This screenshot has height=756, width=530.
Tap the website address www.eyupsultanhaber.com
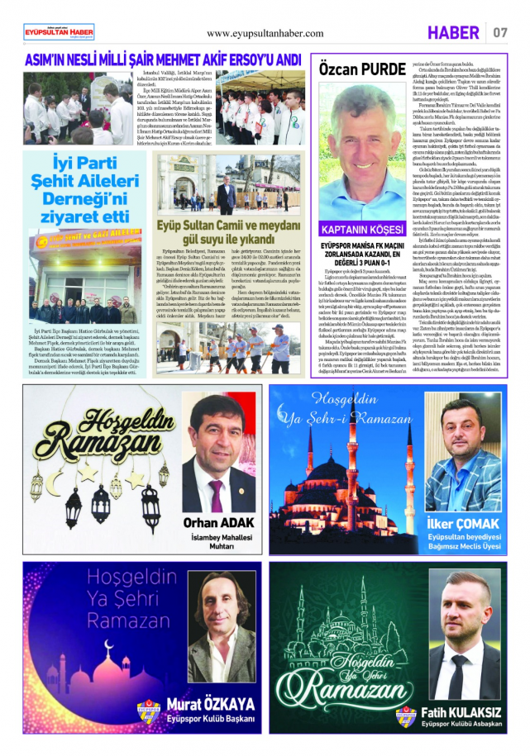(265, 33)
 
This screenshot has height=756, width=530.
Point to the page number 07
(500, 33)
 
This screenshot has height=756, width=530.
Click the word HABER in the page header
(453, 33)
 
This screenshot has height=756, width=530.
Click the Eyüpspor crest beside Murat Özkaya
(148, 710)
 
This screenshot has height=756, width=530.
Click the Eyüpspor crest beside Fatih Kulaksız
(404, 714)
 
